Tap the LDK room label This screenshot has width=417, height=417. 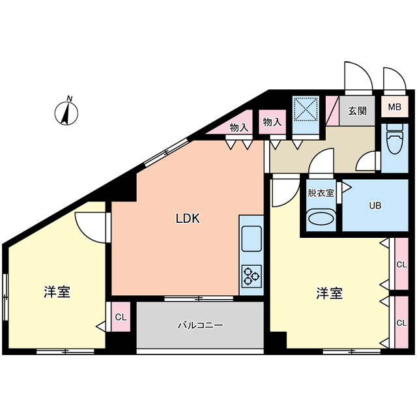[187, 220]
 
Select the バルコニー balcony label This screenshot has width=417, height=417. [200, 324]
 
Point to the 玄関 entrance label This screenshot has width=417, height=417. [356, 111]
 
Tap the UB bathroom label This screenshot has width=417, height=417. [375, 206]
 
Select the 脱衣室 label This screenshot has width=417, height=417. [321, 193]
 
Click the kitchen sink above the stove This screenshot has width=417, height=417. [252, 238]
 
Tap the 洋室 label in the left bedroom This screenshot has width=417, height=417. [57, 292]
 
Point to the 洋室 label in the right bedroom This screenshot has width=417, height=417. [330, 293]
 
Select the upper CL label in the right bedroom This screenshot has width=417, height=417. [401, 265]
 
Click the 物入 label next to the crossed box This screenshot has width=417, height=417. [272, 121]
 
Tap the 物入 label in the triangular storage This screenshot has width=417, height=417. [239, 128]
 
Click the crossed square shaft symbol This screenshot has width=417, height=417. [306, 109]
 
